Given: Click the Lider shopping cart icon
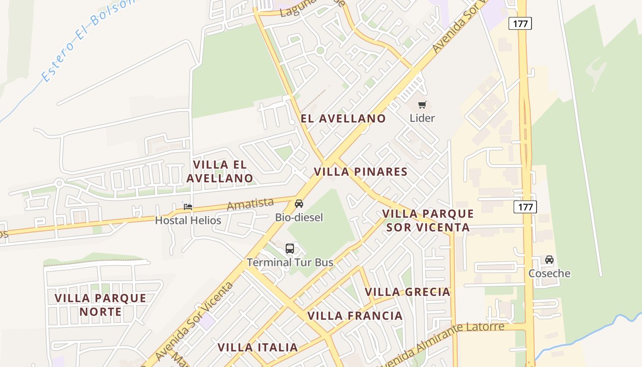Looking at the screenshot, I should [422, 105].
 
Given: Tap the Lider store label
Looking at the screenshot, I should [422, 118].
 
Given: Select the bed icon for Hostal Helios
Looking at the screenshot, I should [188, 207].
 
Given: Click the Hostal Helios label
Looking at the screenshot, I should [188, 221].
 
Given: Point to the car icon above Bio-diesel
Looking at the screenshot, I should [299, 204].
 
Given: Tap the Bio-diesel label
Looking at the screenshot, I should [299, 217].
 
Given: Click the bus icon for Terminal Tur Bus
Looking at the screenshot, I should [290, 249].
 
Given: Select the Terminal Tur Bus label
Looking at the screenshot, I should [290, 263].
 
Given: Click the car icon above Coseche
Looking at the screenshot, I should [549, 260].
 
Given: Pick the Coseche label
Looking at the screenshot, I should [549, 274].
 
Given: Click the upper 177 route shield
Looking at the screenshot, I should [520, 23].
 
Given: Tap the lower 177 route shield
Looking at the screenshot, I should [525, 207].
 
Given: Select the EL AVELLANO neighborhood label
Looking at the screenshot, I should [343, 118].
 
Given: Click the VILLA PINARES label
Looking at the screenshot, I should [360, 172].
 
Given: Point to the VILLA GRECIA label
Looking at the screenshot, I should [407, 292].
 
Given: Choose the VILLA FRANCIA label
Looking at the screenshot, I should [355, 316].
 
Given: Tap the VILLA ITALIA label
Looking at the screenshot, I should [258, 347].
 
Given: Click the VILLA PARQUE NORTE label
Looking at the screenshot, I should [100, 305].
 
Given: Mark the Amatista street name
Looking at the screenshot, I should [250, 204].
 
